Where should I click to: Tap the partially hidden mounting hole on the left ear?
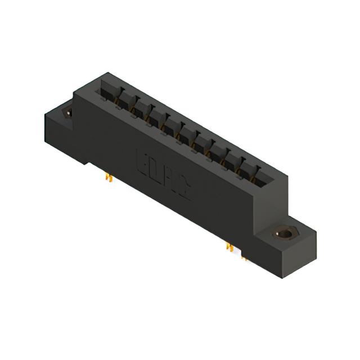click(x=69, y=112)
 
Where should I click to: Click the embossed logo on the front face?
click(x=164, y=174)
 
